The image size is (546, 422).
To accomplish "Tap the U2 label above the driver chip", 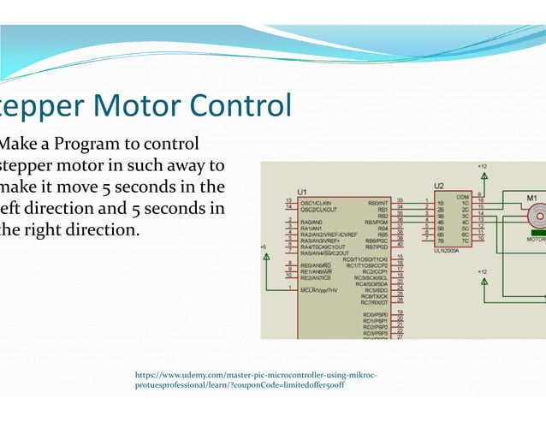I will [439, 185].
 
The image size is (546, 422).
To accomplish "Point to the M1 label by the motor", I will [531, 198].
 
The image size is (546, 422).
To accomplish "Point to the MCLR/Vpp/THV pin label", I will [318, 290].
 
